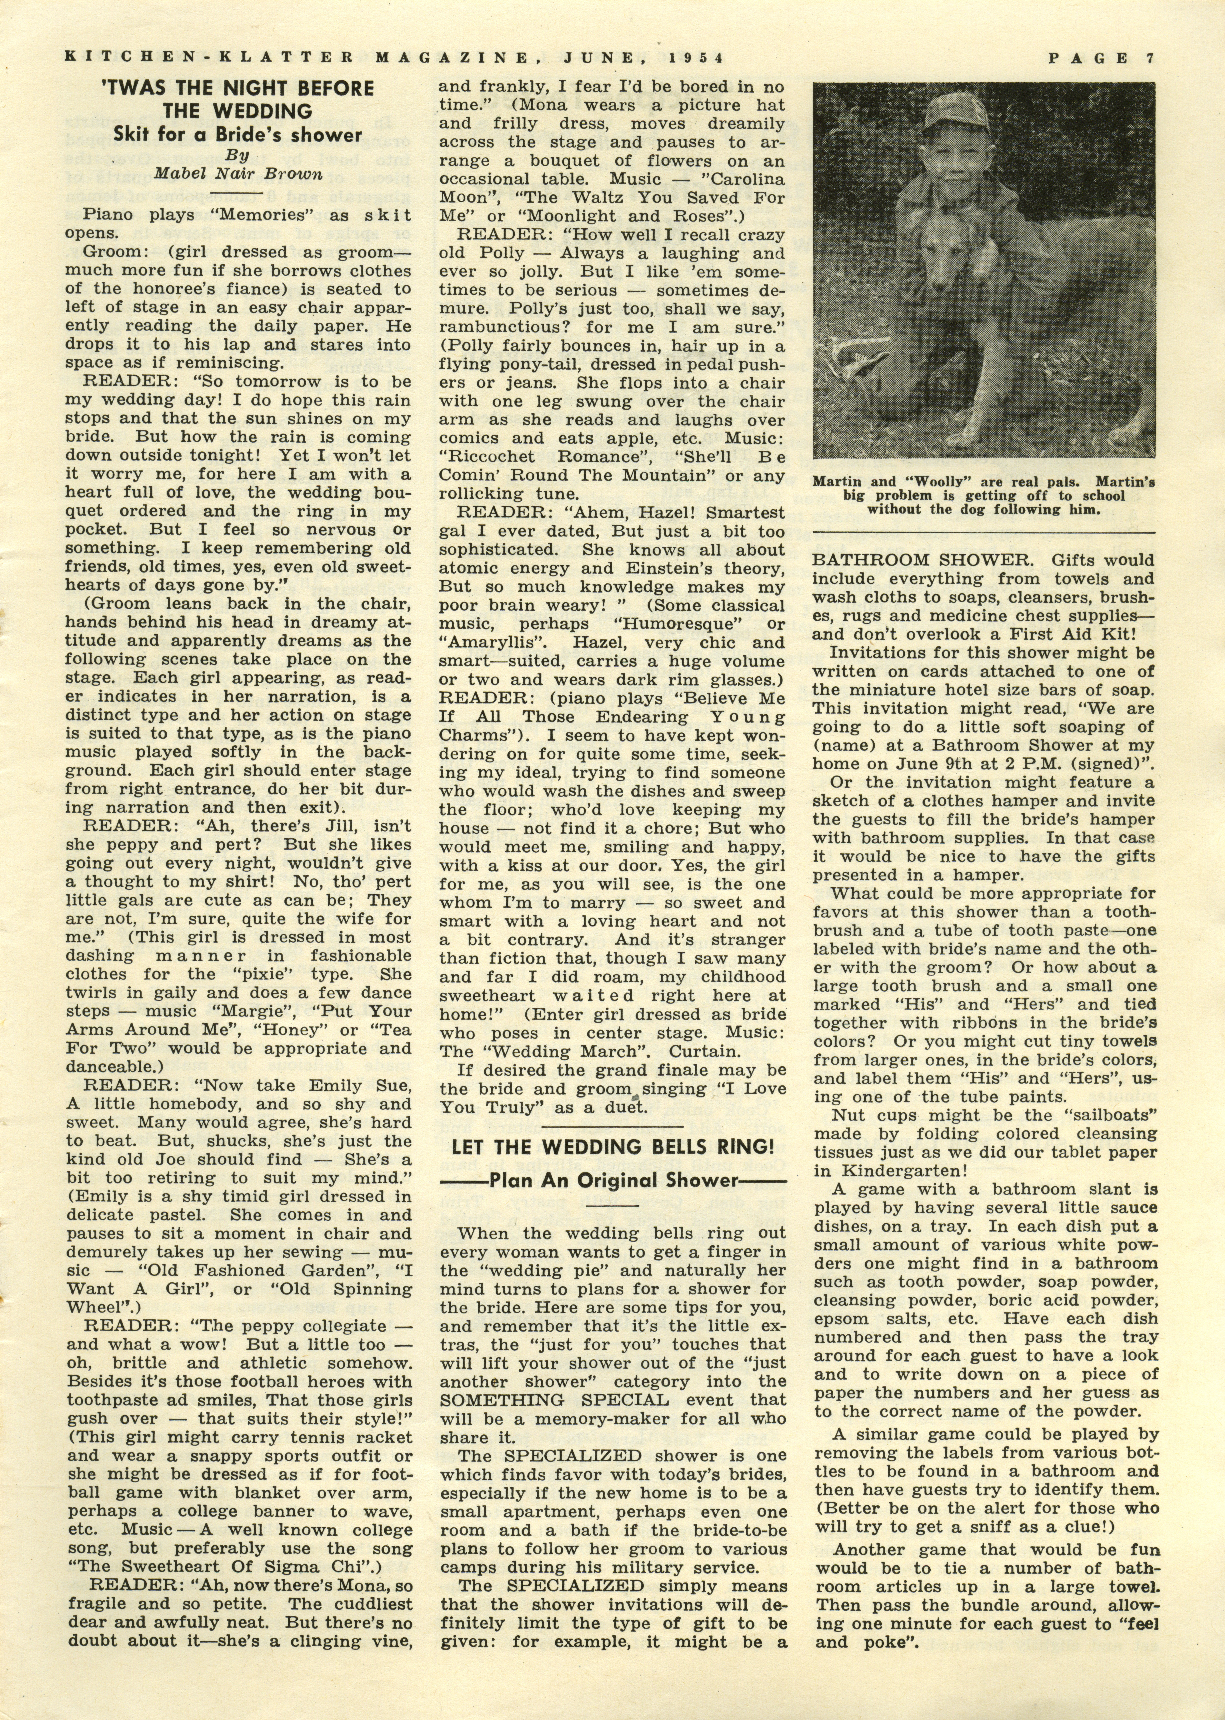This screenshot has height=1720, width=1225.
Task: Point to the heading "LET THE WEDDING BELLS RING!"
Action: [x=612, y=1147]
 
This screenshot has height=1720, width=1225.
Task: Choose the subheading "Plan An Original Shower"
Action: [x=612, y=1180]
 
